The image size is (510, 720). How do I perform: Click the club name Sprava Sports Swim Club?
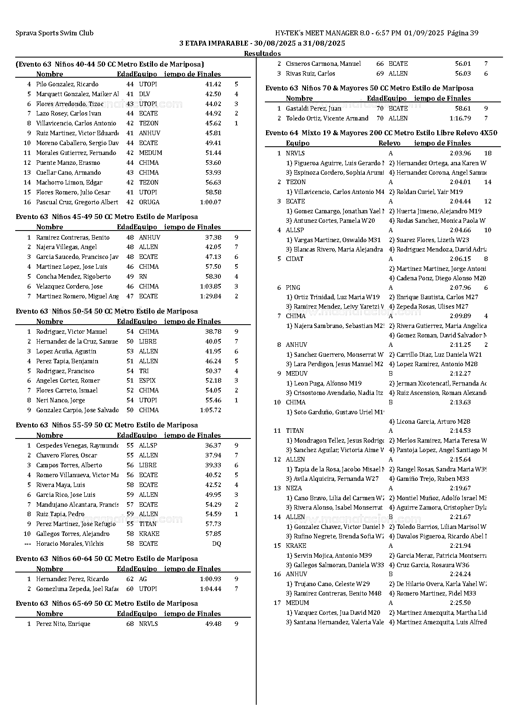[54, 33]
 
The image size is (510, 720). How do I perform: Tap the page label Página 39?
[462, 33]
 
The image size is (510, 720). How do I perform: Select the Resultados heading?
[262, 53]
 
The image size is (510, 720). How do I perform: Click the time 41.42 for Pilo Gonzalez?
[213, 84]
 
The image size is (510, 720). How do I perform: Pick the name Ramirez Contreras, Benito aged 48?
[73, 238]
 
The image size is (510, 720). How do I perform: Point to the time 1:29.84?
[211, 296]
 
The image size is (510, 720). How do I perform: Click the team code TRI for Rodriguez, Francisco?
[144, 371]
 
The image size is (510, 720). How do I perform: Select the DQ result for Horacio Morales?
[216, 544]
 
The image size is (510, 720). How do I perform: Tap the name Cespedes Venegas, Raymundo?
[76, 445]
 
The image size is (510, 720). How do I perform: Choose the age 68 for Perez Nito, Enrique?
[130, 624]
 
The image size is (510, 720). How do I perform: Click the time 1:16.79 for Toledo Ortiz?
[459, 118]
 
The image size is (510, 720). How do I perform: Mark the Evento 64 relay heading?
[381, 133]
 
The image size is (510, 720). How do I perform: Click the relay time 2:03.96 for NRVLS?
[460, 153]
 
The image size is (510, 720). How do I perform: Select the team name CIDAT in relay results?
[294, 259]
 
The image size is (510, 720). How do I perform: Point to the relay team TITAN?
[295, 431]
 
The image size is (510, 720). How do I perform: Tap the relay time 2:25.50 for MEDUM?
[460, 603]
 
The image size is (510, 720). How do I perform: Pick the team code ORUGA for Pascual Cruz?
[149, 202]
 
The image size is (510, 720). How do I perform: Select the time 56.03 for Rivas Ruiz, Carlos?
[463, 74]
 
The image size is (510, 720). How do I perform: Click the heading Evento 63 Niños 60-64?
[107, 559]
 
